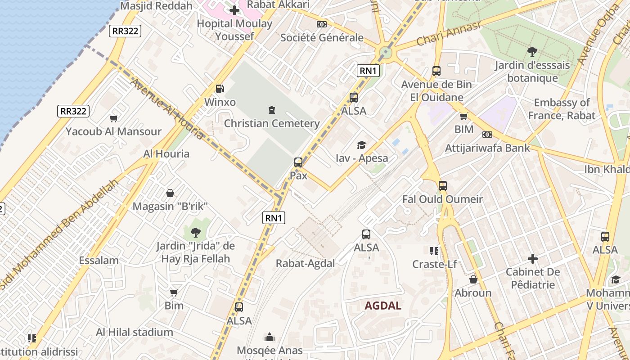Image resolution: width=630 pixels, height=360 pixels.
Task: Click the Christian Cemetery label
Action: click(x=272, y=123)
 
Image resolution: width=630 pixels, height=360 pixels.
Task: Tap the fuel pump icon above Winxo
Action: click(x=220, y=89)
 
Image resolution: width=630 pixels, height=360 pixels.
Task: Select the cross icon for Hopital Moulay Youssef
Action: click(x=234, y=10)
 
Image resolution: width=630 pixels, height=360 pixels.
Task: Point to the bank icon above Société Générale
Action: click(x=321, y=24)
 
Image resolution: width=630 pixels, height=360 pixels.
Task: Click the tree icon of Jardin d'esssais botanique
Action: click(x=532, y=51)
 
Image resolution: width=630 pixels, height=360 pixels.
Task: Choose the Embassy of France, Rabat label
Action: click(x=561, y=109)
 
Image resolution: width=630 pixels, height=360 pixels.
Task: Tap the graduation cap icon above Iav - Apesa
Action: click(x=361, y=145)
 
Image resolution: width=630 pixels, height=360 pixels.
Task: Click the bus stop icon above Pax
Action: click(x=298, y=162)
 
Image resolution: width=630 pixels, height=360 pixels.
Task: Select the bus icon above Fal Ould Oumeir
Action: click(x=442, y=185)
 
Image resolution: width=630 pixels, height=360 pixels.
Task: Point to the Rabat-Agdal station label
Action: click(x=305, y=264)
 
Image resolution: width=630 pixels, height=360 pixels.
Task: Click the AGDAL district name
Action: click(x=382, y=306)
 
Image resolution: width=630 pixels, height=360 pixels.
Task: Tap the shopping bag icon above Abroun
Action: click(x=473, y=279)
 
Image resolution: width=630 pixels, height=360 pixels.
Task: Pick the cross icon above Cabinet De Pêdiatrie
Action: click(x=532, y=259)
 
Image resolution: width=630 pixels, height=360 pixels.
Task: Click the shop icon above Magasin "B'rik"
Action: click(x=170, y=193)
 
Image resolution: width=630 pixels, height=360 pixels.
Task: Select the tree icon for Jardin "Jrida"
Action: click(x=195, y=233)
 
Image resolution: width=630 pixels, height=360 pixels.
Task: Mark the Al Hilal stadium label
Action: click(x=134, y=332)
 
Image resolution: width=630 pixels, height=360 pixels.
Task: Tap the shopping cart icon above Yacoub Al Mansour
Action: click(x=113, y=118)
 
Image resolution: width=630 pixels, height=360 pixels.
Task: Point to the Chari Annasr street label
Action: click(x=448, y=33)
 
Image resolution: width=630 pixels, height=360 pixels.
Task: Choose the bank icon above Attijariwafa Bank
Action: click(x=487, y=135)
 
